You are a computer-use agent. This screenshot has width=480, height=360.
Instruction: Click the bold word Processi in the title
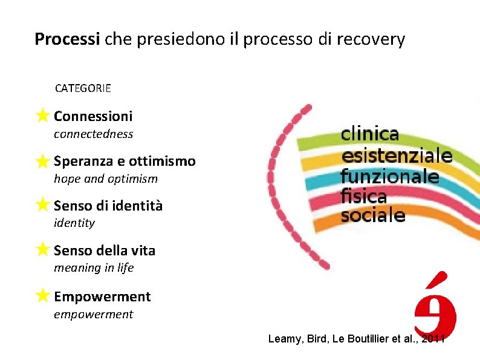tap(67, 39)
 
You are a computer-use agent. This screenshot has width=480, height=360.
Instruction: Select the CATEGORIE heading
tap(83, 88)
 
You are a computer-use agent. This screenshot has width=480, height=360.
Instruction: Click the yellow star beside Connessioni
tap(42, 114)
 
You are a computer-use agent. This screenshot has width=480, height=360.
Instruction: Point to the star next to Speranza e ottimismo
tap(42, 160)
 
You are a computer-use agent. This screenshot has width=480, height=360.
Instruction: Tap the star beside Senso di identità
tap(42, 205)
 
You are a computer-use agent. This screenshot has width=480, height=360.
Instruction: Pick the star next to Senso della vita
tap(42, 249)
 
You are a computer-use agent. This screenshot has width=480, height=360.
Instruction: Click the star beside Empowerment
tap(42, 295)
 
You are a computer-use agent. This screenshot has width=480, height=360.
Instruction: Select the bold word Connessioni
tap(93, 116)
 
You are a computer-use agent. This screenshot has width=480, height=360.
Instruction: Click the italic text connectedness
tap(93, 134)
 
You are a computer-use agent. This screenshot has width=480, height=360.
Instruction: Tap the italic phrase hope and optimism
tap(105, 178)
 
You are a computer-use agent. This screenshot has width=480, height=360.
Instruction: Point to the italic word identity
tap(74, 223)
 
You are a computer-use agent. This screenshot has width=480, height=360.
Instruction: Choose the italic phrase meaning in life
tap(94, 267)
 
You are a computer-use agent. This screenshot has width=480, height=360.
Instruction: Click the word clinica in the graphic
tap(371, 134)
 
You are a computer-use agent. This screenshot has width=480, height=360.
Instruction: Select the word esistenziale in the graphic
tap(397, 155)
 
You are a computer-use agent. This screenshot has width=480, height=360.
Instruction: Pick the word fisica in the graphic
tap(363, 195)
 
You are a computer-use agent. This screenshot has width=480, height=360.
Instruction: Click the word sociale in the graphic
tap(372, 215)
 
